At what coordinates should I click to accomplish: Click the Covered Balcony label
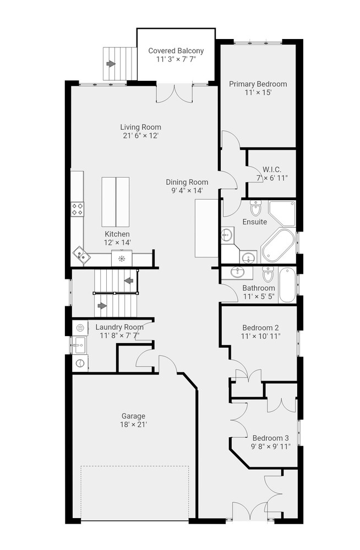[176, 51]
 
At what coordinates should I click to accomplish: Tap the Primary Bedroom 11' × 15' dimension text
[258, 92]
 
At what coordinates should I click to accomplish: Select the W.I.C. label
[272, 170]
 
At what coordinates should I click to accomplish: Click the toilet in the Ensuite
[255, 208]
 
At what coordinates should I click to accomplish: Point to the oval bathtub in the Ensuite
[278, 245]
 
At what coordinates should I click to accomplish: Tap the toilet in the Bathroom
[268, 274]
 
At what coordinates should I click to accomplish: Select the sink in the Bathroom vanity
[238, 272]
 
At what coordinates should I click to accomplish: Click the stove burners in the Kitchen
[78, 209]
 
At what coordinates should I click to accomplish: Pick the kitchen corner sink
[81, 255]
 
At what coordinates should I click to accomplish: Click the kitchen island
[116, 202]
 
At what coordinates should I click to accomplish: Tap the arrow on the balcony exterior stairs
[111, 64]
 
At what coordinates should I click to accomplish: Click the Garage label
[133, 416]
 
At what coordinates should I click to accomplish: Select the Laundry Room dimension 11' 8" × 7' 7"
[119, 335]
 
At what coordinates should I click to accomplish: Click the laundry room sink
[79, 345]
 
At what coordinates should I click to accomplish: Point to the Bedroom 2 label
[260, 328]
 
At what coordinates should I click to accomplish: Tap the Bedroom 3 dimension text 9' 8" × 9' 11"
[270, 447]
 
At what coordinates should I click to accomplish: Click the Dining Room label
[187, 183]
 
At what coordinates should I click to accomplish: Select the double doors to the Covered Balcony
[174, 94]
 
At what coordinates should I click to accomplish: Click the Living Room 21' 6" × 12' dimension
[141, 136]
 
